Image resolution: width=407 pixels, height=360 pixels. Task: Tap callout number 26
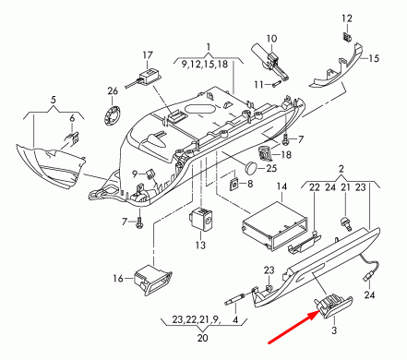click(x=113, y=90)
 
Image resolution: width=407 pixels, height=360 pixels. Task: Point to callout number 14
click(x=282, y=186)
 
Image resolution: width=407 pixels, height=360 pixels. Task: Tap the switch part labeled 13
click(x=201, y=221)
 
